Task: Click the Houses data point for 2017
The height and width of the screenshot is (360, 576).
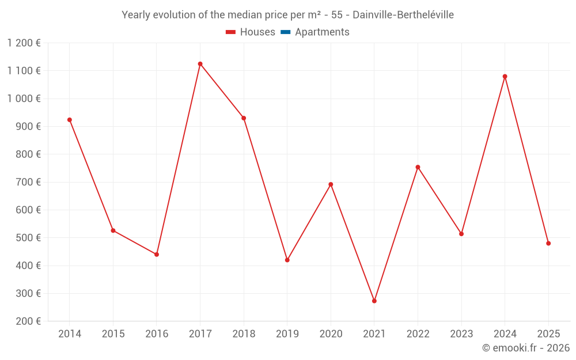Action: (x=200, y=64)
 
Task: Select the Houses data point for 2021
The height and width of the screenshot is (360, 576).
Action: (x=374, y=301)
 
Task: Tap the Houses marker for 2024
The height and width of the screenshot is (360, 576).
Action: (x=505, y=77)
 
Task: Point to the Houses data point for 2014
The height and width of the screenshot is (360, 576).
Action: (x=70, y=120)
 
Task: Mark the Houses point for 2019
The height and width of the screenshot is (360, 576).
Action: (x=287, y=260)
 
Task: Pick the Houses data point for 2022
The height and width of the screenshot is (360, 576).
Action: (x=418, y=167)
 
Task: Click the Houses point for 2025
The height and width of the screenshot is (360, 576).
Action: (x=548, y=243)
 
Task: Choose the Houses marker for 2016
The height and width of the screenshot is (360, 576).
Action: (x=157, y=254)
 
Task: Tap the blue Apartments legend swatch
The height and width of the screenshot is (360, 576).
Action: (x=285, y=32)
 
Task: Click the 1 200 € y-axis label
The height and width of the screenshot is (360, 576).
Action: (x=24, y=43)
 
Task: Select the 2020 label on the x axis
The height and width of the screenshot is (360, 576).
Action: (x=331, y=334)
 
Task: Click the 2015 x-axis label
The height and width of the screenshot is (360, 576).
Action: (x=113, y=334)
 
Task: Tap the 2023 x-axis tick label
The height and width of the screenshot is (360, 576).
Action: (x=461, y=334)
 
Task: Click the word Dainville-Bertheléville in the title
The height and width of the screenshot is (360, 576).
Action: (x=403, y=15)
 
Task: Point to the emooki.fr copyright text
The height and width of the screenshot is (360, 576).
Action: (x=526, y=348)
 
